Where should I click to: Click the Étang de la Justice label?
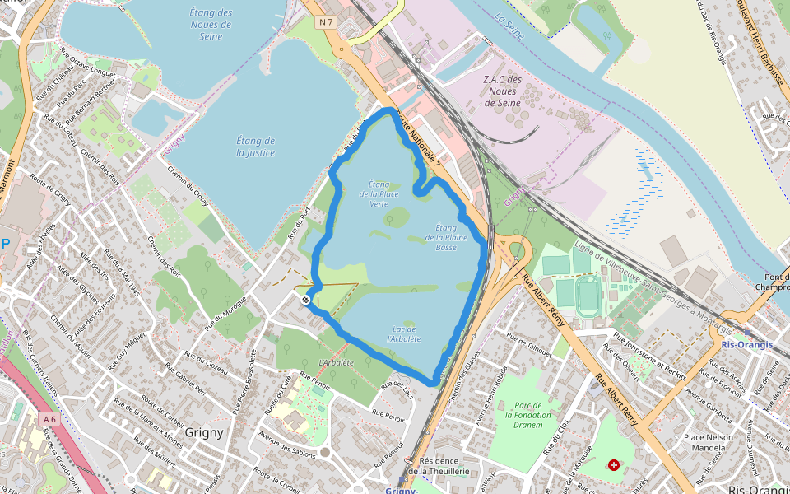point(255,147)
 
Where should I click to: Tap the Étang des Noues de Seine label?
point(210,24)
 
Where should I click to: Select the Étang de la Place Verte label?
point(379,193)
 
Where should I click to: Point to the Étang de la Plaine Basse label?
point(446,237)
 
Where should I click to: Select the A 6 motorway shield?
point(50,419)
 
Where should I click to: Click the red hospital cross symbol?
point(614,465)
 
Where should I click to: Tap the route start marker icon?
point(306,301)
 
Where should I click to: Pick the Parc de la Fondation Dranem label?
point(527,415)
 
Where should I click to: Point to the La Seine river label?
point(510,18)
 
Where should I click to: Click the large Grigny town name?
point(204,431)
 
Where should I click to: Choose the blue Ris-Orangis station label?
point(746,345)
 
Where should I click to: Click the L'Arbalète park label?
point(336,363)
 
